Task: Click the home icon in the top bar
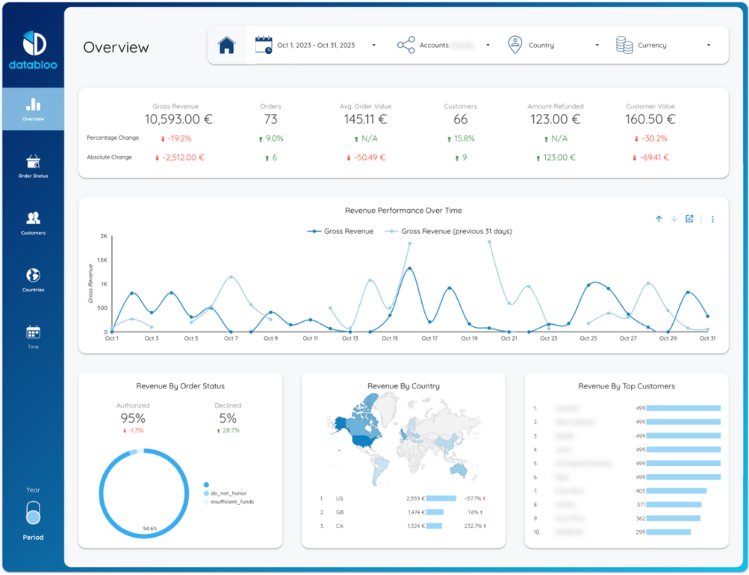[x=227, y=45]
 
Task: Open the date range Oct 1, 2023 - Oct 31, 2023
[x=315, y=45]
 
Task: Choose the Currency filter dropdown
[x=663, y=45]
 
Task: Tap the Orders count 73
[x=271, y=119]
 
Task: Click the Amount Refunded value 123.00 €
[x=554, y=119]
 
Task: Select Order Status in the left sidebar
[x=33, y=165]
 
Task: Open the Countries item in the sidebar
[x=33, y=279]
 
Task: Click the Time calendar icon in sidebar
[x=33, y=332]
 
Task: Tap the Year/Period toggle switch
[x=33, y=513]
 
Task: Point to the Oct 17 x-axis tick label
[x=429, y=339]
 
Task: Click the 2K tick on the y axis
[x=103, y=236]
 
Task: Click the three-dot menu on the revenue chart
[x=712, y=219]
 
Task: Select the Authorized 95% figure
[x=133, y=418]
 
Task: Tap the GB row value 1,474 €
[x=415, y=512]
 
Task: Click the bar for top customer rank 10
[x=667, y=533]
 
